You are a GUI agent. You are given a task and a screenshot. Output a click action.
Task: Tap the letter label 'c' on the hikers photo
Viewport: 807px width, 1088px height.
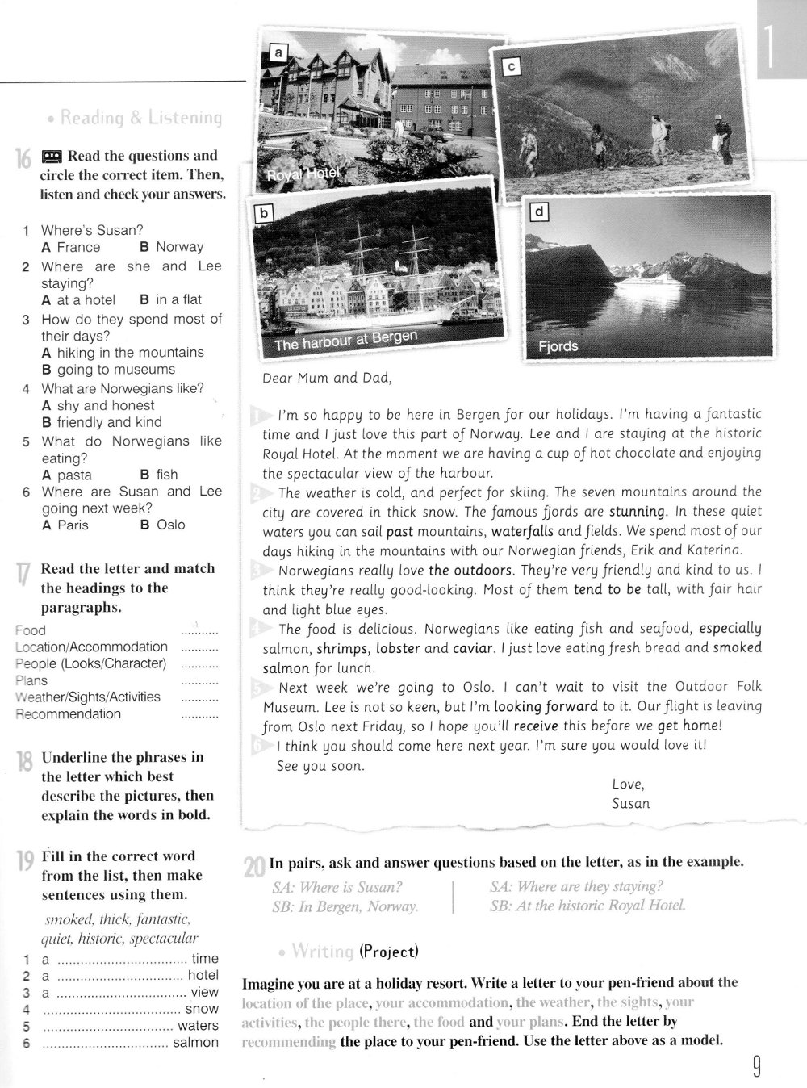pos(510,68)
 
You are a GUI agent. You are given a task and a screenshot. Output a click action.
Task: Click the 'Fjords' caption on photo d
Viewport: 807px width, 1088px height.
pos(558,346)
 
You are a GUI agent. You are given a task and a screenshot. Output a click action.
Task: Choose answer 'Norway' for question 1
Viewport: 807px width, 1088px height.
pos(179,247)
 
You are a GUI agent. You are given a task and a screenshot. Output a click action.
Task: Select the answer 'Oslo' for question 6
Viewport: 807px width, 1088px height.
pos(170,525)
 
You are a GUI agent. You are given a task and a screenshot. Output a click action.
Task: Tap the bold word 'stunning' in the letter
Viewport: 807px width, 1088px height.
pos(638,511)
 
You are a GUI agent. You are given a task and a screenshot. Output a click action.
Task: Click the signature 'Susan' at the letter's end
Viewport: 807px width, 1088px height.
pos(631,803)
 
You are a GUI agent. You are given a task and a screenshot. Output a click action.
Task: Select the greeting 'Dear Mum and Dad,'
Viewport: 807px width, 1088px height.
pos(327,377)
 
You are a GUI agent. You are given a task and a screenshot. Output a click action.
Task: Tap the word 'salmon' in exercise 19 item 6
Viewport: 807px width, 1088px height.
pos(196,1042)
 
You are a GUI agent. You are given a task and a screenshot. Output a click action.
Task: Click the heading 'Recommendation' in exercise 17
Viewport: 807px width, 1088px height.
pos(68,713)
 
